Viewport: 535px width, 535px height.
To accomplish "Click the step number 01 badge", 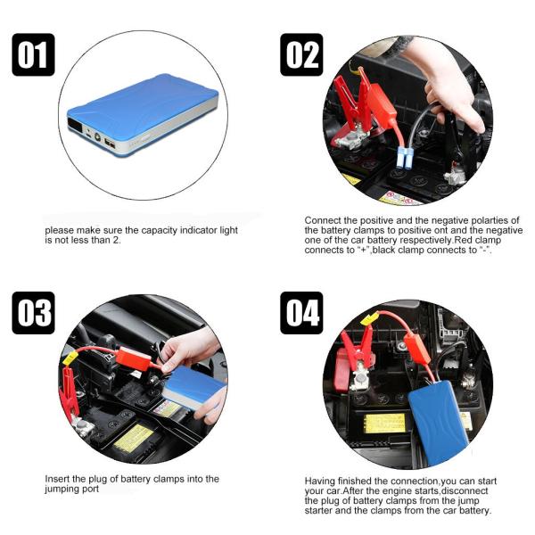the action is tap(33, 54).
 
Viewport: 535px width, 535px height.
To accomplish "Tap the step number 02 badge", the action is tap(301, 54).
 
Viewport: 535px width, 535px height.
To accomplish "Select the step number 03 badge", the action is tap(33, 313).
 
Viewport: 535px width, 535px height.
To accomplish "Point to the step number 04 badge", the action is tap(301, 313).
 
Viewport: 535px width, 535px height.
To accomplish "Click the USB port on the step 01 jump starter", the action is tap(110, 144).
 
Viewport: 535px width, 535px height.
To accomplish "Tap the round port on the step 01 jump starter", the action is tap(98, 137).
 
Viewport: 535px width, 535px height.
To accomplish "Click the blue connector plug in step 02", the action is tap(406, 157).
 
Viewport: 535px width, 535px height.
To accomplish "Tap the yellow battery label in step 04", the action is tap(384, 423).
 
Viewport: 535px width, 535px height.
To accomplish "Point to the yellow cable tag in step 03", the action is tap(70, 358).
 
